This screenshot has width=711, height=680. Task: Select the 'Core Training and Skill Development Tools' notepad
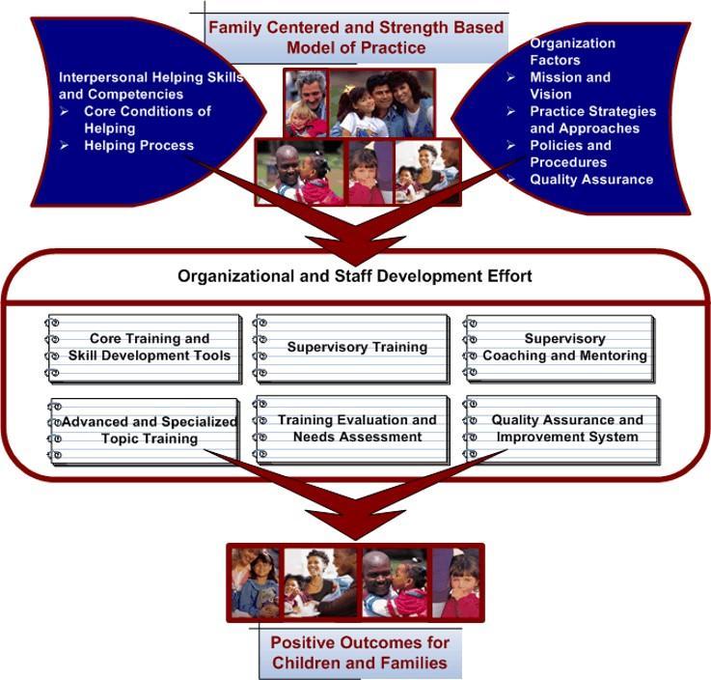coord(150,348)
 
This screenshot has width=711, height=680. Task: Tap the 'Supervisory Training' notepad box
coord(357,347)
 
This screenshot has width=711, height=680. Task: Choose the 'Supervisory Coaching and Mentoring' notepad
coord(564,348)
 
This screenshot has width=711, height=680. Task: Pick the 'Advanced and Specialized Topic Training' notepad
coord(150,430)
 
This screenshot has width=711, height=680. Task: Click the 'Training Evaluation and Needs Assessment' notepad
coord(357,429)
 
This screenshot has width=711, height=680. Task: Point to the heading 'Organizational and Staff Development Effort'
coord(354,276)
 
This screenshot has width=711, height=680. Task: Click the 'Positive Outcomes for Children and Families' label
coord(360,652)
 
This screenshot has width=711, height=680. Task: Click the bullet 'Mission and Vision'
coord(569,86)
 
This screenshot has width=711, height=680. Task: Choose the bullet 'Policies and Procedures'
coord(569,154)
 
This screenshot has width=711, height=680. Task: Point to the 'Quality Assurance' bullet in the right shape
coord(590,179)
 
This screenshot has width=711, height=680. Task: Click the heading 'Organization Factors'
coord(572,51)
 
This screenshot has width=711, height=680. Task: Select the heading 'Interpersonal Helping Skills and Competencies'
coord(150,85)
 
